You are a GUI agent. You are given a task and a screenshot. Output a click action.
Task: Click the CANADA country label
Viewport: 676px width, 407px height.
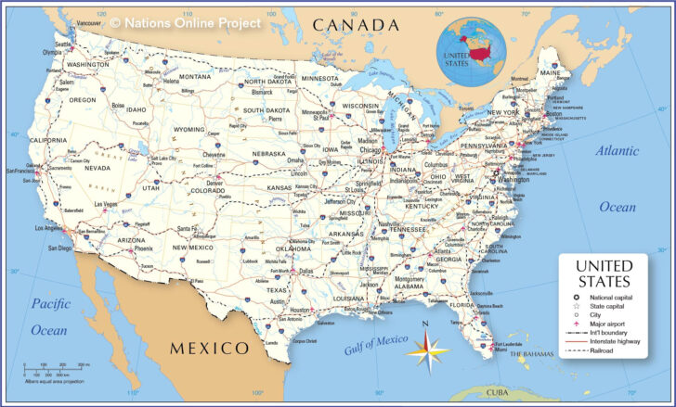pos(356,24)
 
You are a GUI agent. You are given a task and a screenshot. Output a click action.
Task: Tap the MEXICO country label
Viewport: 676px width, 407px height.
pos(209,349)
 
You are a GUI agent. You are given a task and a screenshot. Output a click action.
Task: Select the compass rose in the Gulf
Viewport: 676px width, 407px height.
pos(425,350)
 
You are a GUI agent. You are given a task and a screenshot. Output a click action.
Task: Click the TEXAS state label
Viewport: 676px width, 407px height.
pos(277,290)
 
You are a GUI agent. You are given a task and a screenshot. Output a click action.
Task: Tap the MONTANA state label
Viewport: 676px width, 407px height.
pos(195,76)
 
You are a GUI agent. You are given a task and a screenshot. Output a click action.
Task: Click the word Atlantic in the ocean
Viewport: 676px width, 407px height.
pos(617,150)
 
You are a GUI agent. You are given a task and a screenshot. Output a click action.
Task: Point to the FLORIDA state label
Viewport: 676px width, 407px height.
pos(461,304)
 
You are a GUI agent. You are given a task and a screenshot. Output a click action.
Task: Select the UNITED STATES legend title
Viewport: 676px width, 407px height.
pos(604,273)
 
